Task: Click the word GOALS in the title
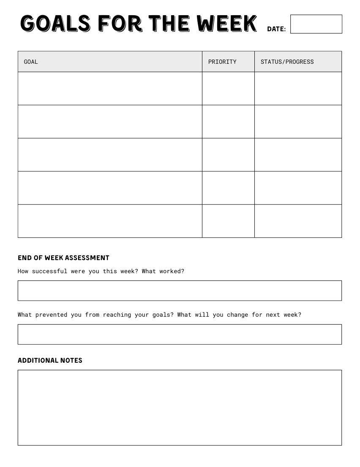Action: click(55, 23)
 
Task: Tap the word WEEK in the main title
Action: click(226, 23)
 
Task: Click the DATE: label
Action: click(276, 29)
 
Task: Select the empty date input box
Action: click(316, 24)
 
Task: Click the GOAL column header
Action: click(31, 62)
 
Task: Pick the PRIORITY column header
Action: click(222, 62)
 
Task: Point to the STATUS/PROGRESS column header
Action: click(287, 62)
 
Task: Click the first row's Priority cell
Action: click(228, 88)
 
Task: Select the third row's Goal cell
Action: click(110, 155)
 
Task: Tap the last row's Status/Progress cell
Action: click(298, 221)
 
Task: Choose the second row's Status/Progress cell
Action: click(298, 122)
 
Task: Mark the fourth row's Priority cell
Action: click(228, 188)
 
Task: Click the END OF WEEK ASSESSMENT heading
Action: click(63, 258)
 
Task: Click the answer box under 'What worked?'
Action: click(180, 291)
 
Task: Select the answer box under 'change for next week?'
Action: click(180, 334)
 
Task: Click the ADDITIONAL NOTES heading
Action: click(50, 360)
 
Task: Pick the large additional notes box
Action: click(180, 407)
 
